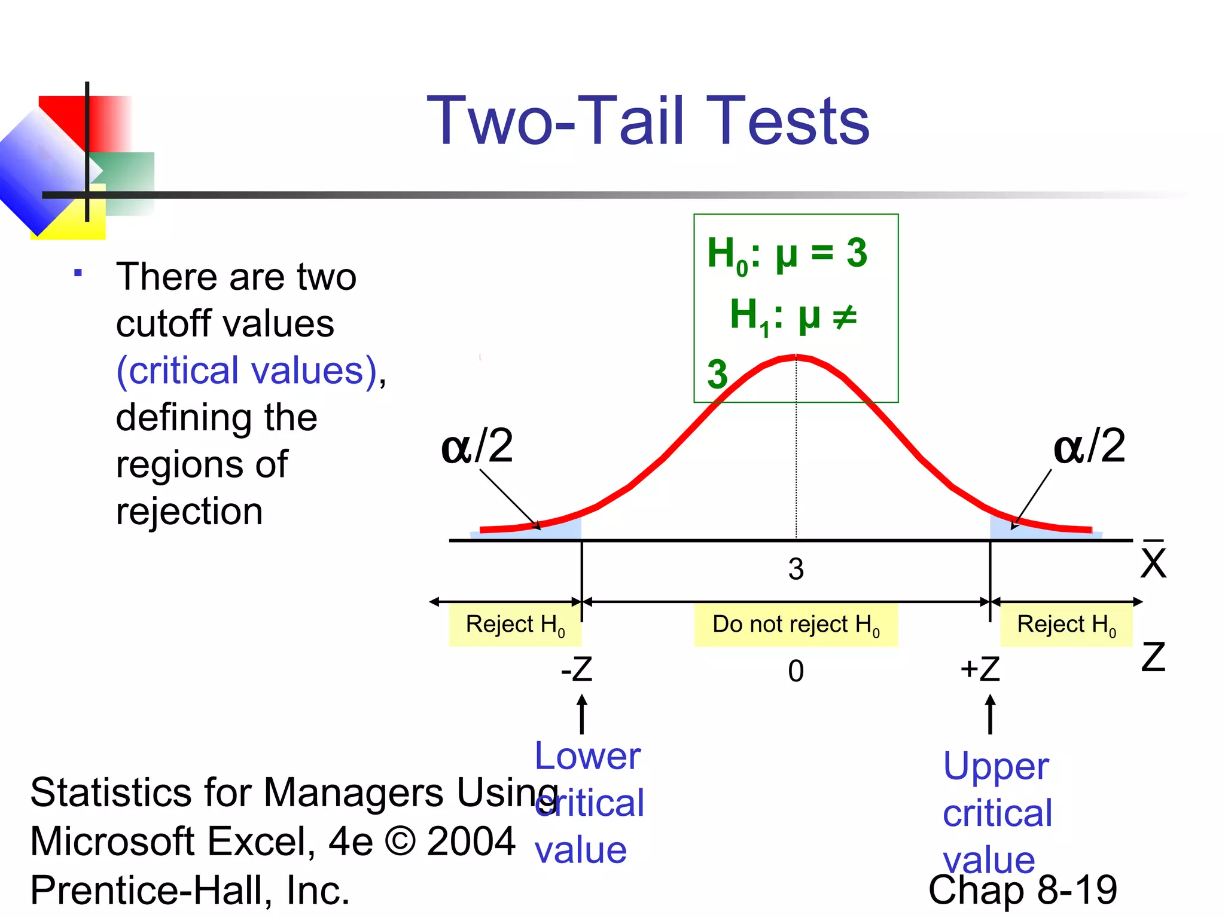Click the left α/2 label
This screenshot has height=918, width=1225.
click(x=477, y=446)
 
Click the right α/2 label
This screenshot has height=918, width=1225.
click(x=1089, y=446)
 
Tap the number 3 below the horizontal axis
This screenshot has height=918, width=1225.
click(x=796, y=569)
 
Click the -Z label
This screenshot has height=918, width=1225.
click(x=577, y=669)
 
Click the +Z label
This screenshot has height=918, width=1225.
click(x=980, y=669)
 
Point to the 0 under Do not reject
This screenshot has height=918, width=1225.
click(x=796, y=671)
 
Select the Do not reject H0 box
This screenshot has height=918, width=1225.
click(x=796, y=625)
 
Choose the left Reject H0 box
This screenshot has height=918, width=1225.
click(x=515, y=625)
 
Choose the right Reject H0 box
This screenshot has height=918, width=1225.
click(x=1066, y=625)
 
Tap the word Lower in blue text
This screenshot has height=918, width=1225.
click(x=587, y=756)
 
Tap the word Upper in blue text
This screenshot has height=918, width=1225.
click(x=996, y=766)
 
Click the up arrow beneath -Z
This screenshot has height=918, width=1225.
click(x=581, y=714)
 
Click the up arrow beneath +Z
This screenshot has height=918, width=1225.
click(x=990, y=714)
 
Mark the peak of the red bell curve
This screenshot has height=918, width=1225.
click(x=796, y=357)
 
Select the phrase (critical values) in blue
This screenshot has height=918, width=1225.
click(x=247, y=371)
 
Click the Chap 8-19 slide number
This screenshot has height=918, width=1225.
click(x=1022, y=890)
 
